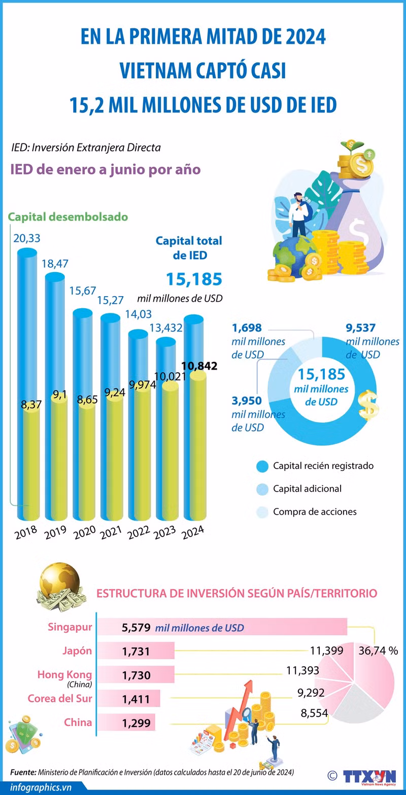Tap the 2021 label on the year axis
click(111, 534)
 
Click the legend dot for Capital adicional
click(262, 489)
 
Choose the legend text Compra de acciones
click(315, 512)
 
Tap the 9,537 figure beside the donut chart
click(360, 328)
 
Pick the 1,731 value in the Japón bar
click(136, 651)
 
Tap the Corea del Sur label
click(60, 699)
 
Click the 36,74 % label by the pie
click(378, 651)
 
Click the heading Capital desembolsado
click(67, 217)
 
